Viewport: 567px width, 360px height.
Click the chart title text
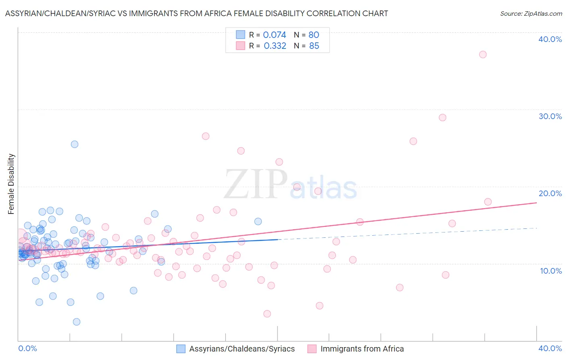click(196, 13)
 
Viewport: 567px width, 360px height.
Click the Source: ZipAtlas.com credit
click(531, 13)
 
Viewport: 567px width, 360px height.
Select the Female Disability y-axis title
click(11, 184)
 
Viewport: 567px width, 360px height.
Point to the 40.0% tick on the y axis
click(550, 39)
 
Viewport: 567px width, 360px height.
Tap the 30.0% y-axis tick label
click(550, 116)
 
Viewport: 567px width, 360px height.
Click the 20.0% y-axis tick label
click(550, 193)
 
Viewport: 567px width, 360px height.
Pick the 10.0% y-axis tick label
click(551, 271)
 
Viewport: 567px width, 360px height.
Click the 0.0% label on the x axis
click(28, 348)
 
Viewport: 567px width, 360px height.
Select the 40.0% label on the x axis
click(550, 348)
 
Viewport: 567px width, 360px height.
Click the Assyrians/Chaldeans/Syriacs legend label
click(242, 349)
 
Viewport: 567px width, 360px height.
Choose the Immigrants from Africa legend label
click(362, 349)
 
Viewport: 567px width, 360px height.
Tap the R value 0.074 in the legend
click(274, 35)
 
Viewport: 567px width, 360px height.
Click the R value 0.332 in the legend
click(275, 46)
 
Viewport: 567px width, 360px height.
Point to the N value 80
click(314, 35)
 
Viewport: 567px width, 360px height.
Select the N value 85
click(314, 46)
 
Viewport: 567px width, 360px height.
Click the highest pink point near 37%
click(483, 54)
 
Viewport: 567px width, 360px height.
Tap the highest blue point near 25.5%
click(75, 144)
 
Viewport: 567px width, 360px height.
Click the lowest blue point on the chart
click(77, 322)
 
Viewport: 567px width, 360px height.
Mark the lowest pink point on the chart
click(267, 314)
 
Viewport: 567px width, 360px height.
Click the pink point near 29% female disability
click(442, 117)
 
